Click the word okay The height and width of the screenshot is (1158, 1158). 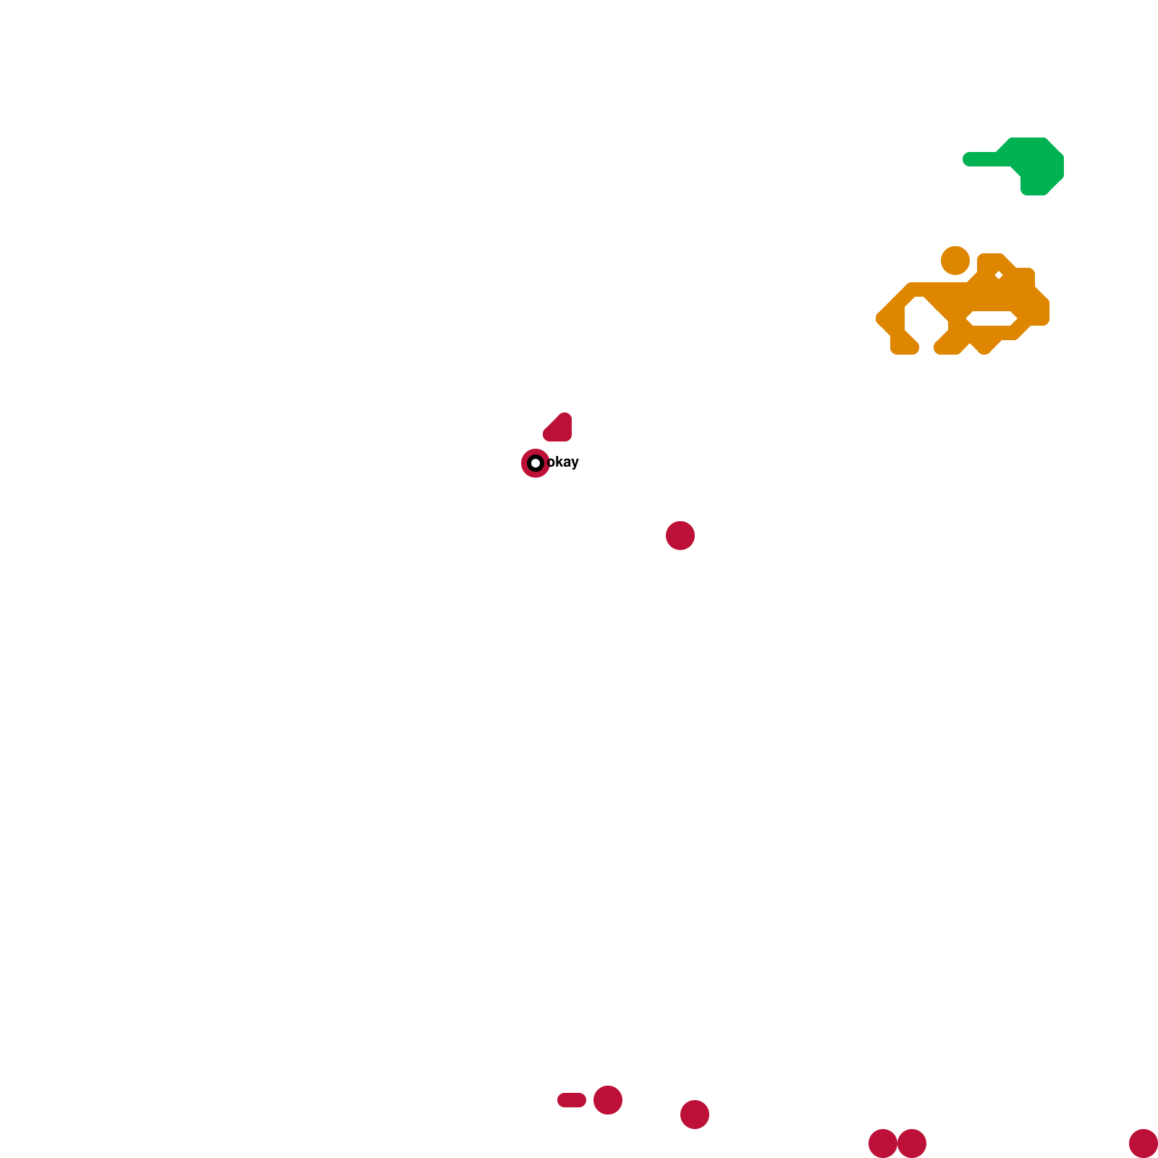(563, 462)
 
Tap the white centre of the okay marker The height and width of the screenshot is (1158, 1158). (536, 463)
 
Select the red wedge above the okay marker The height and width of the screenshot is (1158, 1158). (559, 428)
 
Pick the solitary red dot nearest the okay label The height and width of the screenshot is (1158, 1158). (680, 536)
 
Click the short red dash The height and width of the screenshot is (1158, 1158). (572, 1100)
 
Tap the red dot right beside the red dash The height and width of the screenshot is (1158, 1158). (608, 1100)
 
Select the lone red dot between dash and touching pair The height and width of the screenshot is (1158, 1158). (695, 1115)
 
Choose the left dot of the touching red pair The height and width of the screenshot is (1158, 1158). (882, 1144)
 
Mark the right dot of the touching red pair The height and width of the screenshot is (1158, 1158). (913, 1144)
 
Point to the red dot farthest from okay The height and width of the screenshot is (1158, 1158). (1144, 1144)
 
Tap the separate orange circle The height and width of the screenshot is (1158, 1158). (955, 261)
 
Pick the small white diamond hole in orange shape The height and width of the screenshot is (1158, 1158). (999, 275)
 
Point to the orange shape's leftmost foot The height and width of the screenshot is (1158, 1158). (904, 346)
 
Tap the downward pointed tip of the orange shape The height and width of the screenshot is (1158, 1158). (984, 349)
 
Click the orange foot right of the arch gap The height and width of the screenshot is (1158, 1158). (947, 346)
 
